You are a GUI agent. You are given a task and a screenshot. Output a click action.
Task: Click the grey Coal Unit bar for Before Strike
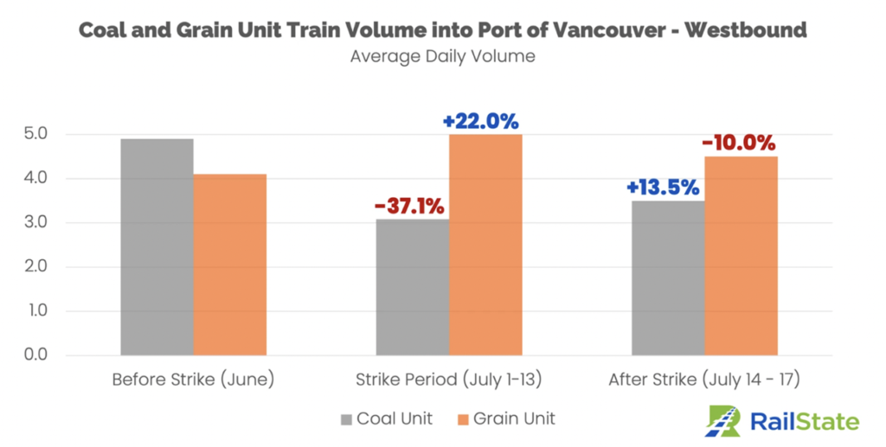coord(157,247)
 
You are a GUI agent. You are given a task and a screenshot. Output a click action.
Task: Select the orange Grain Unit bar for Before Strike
coord(229,265)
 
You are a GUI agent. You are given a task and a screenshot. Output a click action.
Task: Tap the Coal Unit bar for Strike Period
coord(412,287)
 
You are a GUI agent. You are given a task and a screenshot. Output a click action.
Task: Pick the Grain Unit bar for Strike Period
coord(485,245)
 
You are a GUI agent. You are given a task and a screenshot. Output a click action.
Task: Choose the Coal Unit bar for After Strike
coord(668,278)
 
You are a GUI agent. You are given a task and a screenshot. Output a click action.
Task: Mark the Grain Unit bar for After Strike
coord(741,256)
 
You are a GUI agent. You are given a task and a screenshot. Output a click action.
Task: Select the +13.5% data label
coord(664,187)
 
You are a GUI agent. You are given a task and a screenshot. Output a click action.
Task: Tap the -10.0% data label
coord(738,143)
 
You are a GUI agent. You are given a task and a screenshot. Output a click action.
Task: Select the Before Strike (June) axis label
coord(193,380)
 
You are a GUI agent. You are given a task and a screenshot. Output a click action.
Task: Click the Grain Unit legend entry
coord(505,419)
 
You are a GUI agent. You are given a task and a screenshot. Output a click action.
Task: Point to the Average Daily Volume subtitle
coord(442,58)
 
